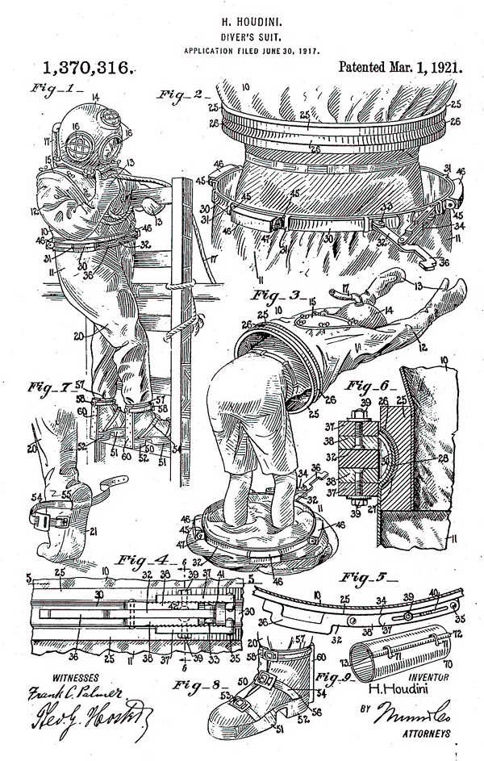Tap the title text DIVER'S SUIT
(x=241, y=28)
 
